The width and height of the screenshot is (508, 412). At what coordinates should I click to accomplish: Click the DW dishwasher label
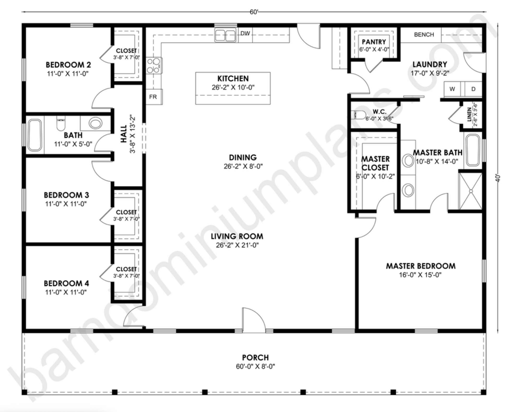[245, 33]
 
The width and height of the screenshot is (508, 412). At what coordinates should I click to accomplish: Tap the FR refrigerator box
[154, 97]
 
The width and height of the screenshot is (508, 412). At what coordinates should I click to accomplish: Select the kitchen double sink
[225, 35]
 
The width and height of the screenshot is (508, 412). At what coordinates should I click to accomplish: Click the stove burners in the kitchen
[153, 66]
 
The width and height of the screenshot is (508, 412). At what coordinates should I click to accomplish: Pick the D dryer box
[473, 89]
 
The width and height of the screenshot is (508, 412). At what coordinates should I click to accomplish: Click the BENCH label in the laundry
[424, 35]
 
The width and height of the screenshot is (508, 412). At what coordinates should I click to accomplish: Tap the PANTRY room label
[374, 42]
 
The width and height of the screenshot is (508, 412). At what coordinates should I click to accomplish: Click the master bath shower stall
[471, 191]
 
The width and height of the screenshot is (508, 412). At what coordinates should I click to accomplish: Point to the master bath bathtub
[473, 150]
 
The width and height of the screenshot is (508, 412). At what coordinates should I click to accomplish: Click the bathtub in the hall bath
[35, 135]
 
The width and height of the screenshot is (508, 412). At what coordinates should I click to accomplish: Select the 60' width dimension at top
[254, 12]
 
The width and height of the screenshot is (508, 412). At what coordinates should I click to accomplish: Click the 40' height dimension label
[498, 178]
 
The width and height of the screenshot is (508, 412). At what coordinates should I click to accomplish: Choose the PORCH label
[255, 357]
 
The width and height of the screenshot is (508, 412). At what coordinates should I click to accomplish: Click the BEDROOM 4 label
[66, 283]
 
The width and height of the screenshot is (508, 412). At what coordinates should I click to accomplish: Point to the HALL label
[124, 134]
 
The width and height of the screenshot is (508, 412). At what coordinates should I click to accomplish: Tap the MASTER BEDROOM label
[421, 266]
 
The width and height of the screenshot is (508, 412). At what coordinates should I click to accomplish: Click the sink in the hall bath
[95, 123]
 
